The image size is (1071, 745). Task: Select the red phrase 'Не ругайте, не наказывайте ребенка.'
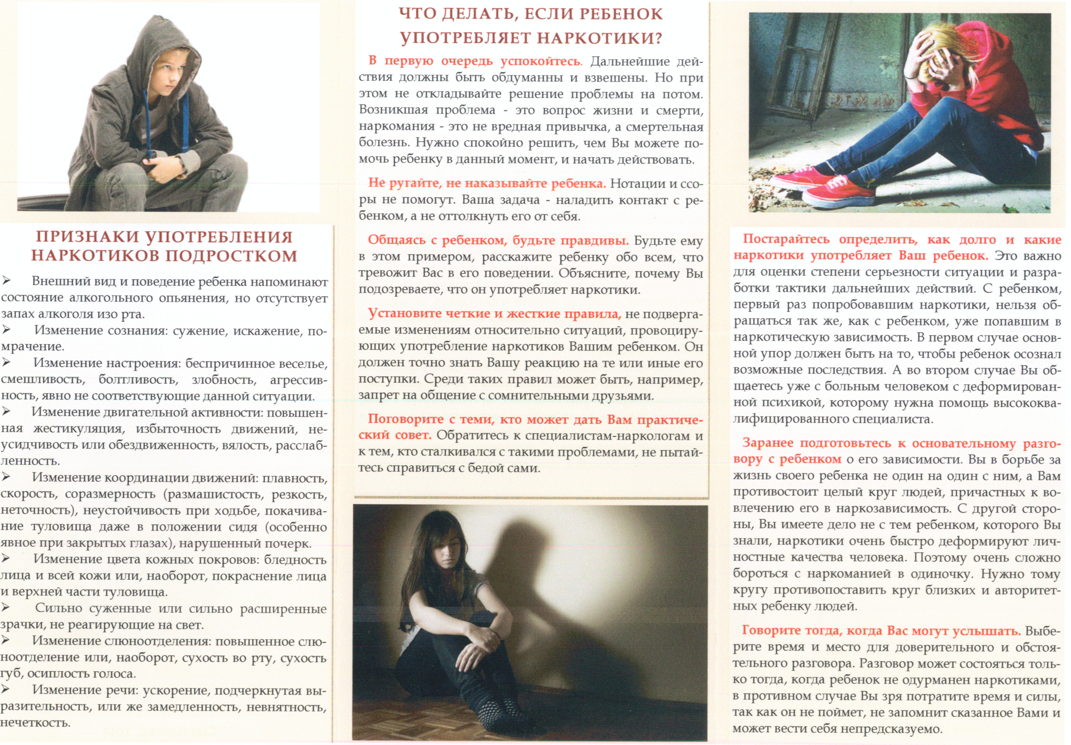[487, 183]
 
